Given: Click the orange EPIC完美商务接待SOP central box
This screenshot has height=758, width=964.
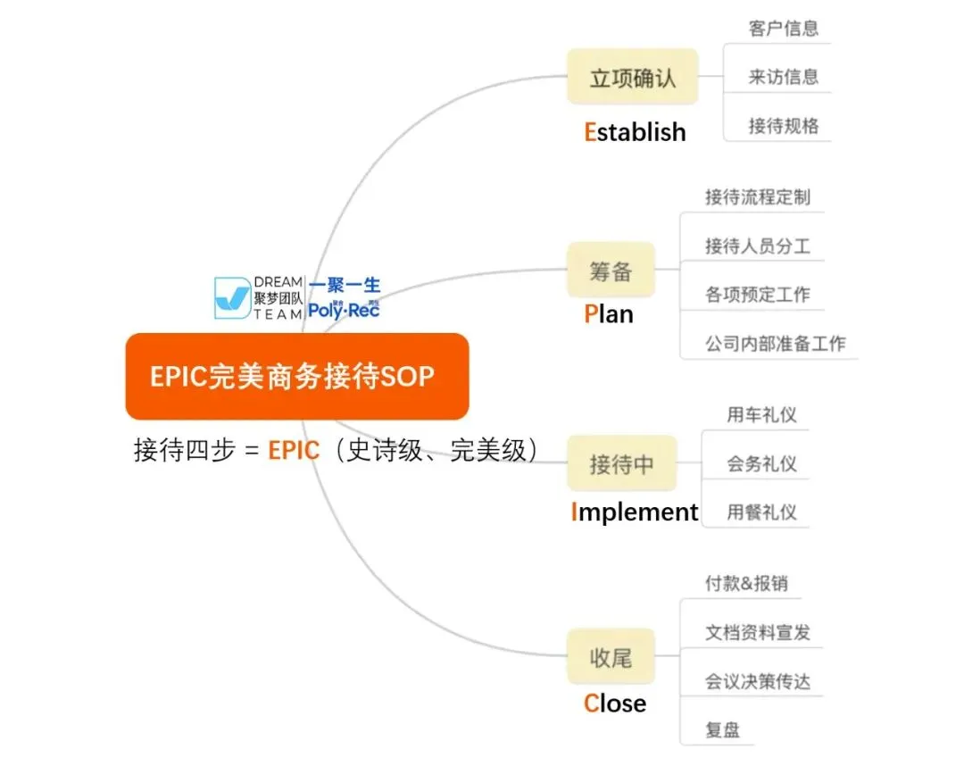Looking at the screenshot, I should pyautogui.click(x=296, y=376).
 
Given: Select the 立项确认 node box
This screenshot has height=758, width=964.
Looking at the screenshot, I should pyautogui.click(x=632, y=78).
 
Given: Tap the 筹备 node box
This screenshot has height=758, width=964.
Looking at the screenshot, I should pyautogui.click(x=611, y=271).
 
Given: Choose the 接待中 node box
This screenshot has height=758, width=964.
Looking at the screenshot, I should pyautogui.click(x=621, y=464).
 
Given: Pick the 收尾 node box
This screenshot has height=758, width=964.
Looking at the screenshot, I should pyautogui.click(x=611, y=658).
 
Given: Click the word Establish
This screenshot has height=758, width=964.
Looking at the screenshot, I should pyautogui.click(x=635, y=132).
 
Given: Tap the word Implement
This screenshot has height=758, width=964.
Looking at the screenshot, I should pyautogui.click(x=634, y=512).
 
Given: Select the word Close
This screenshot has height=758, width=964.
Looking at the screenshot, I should pyautogui.click(x=614, y=704).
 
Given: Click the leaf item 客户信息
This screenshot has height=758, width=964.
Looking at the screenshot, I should pyautogui.click(x=783, y=29).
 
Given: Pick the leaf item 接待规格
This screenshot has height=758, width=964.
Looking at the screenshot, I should pyautogui.click(x=783, y=126).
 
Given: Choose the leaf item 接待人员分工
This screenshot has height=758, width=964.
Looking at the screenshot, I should pyautogui.click(x=757, y=246).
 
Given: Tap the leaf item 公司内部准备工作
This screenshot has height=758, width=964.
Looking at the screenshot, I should pyautogui.click(x=775, y=344).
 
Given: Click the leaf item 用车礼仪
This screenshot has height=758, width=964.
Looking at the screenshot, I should pyautogui.click(x=761, y=415).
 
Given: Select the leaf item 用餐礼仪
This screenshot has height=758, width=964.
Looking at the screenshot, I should pyautogui.click(x=761, y=512).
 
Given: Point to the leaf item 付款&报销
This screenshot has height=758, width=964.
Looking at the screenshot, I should pyautogui.click(x=746, y=584).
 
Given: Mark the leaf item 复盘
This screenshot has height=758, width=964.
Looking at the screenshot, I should pyautogui.click(x=722, y=729).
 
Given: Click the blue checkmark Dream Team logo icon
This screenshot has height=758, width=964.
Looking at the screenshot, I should pyautogui.click(x=232, y=298).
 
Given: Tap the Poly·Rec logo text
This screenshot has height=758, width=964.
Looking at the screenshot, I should pyautogui.click(x=344, y=310).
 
